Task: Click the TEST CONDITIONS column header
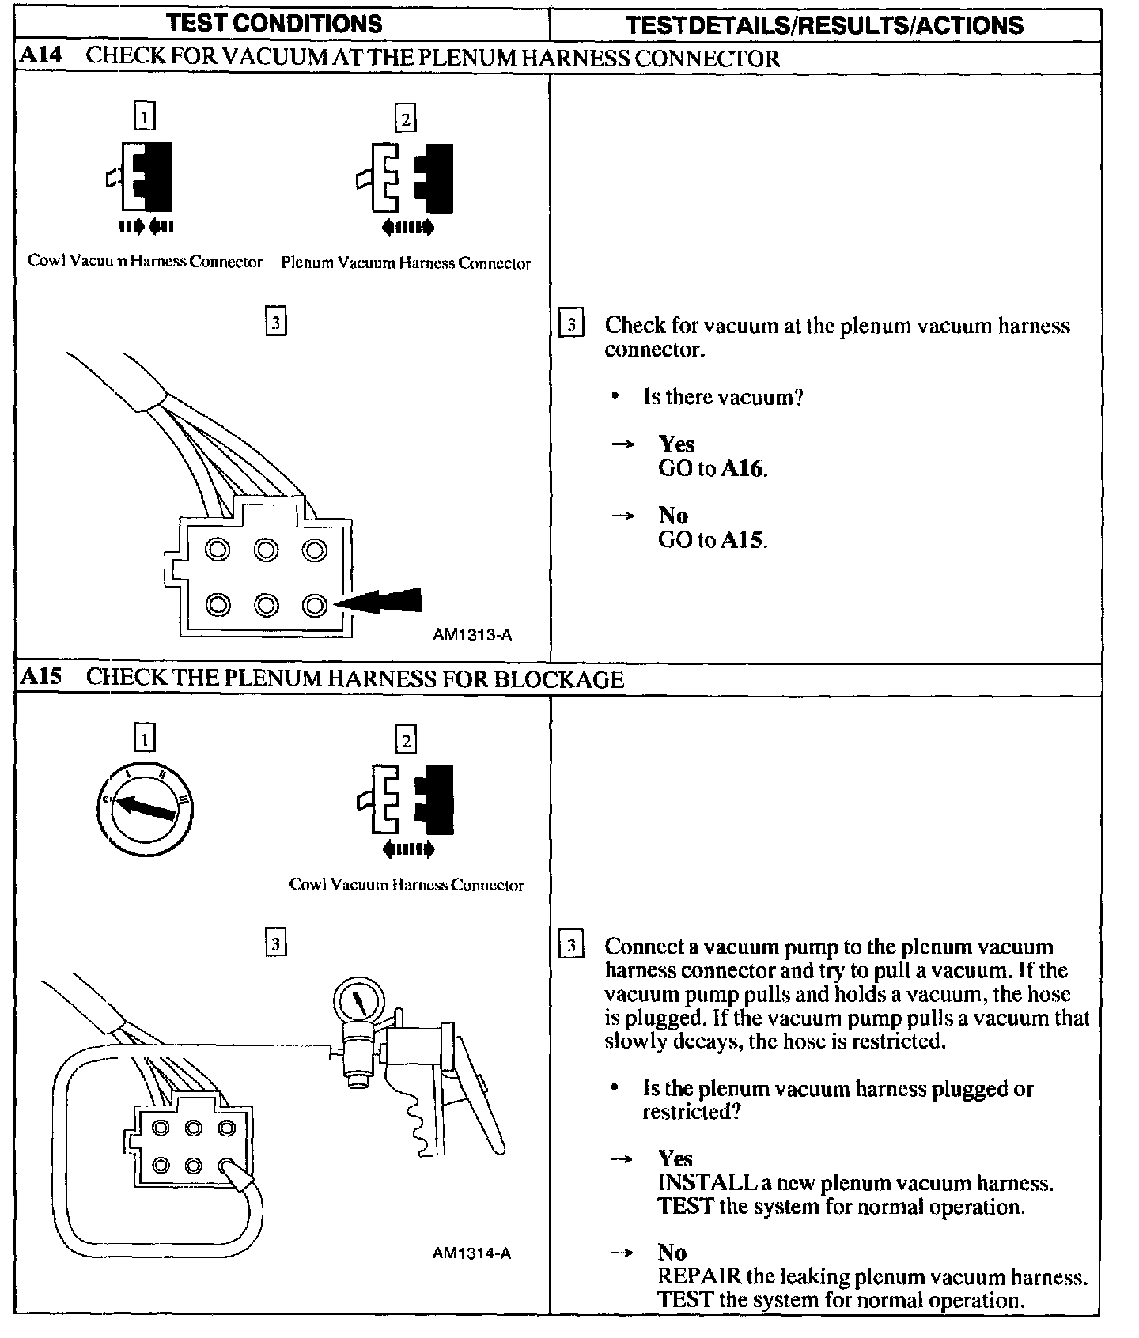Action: tap(274, 23)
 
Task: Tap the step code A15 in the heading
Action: tap(40, 678)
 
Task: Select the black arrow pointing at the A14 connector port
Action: tap(384, 603)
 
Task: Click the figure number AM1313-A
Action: tap(472, 634)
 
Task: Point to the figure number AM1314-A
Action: tap(472, 1253)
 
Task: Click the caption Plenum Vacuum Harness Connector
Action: tap(406, 263)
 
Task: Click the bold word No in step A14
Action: tap(673, 516)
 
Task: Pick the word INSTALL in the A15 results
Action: tap(707, 1183)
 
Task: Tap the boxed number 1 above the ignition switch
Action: tap(145, 739)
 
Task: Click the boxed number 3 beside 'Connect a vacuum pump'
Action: tap(571, 946)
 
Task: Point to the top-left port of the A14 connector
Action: tap(218, 550)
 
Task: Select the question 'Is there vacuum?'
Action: tap(723, 397)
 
